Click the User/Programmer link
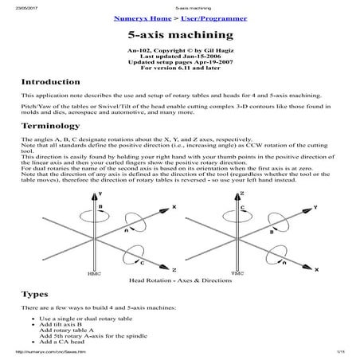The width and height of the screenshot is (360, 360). click(x=205, y=18)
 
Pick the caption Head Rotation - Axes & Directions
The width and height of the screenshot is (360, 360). click(x=179, y=280)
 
